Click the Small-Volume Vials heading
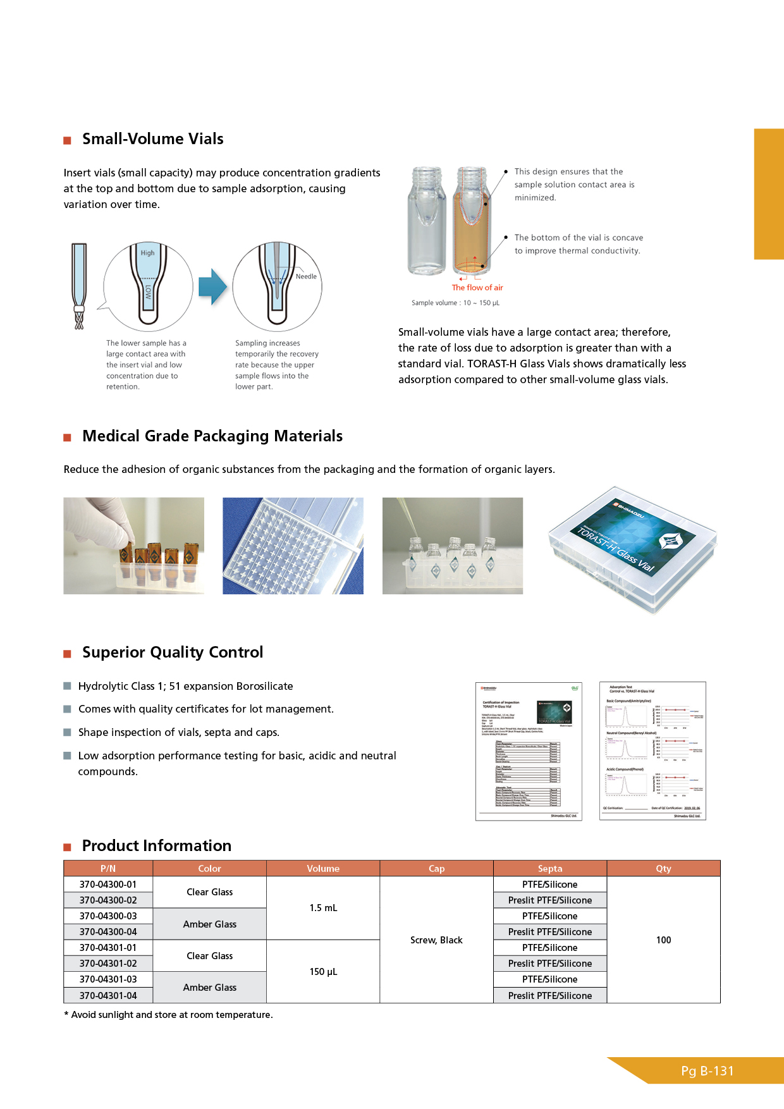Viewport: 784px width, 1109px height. [x=152, y=139]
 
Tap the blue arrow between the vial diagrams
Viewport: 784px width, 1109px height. [x=212, y=287]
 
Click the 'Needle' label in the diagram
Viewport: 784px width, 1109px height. [x=306, y=276]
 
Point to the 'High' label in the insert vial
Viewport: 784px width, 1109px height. [x=147, y=253]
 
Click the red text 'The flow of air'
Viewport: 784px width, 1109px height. [x=477, y=288]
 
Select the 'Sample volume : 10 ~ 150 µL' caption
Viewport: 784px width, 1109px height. [x=455, y=303]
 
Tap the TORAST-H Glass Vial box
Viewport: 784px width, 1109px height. [x=632, y=549]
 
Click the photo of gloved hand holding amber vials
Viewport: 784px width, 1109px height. [x=133, y=546]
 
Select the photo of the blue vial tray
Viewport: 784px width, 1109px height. [x=293, y=546]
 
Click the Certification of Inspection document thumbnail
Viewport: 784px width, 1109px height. [x=529, y=751]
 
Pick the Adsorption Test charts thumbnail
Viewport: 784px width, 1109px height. [x=652, y=751]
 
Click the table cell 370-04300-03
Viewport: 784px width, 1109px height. [x=108, y=916]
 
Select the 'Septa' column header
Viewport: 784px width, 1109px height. [x=550, y=869]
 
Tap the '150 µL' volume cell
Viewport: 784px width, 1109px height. [x=323, y=972]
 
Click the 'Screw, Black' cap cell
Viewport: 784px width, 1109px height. [x=436, y=940]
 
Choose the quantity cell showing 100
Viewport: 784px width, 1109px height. [x=663, y=940]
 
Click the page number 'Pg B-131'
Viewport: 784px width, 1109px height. [x=707, y=1071]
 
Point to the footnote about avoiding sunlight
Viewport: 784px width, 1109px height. [x=169, y=1015]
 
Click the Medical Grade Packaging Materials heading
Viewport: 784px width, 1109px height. [x=212, y=436]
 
